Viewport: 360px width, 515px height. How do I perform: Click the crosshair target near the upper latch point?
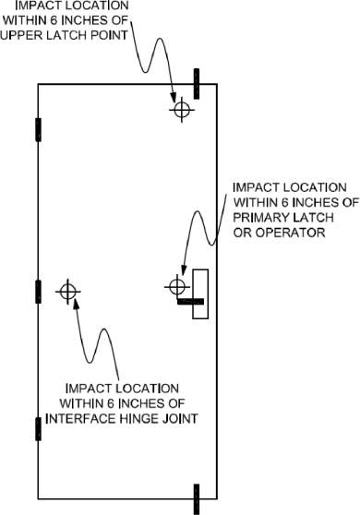pos(182,109)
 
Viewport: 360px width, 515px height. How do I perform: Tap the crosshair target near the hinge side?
pos(66,292)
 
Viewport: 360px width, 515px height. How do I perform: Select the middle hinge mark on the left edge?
pos(38,292)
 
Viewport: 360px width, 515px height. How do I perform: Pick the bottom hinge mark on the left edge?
pos(38,429)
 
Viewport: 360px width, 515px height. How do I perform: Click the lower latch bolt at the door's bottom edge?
pos(196,498)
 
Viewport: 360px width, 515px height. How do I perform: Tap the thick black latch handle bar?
pos(189,302)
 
